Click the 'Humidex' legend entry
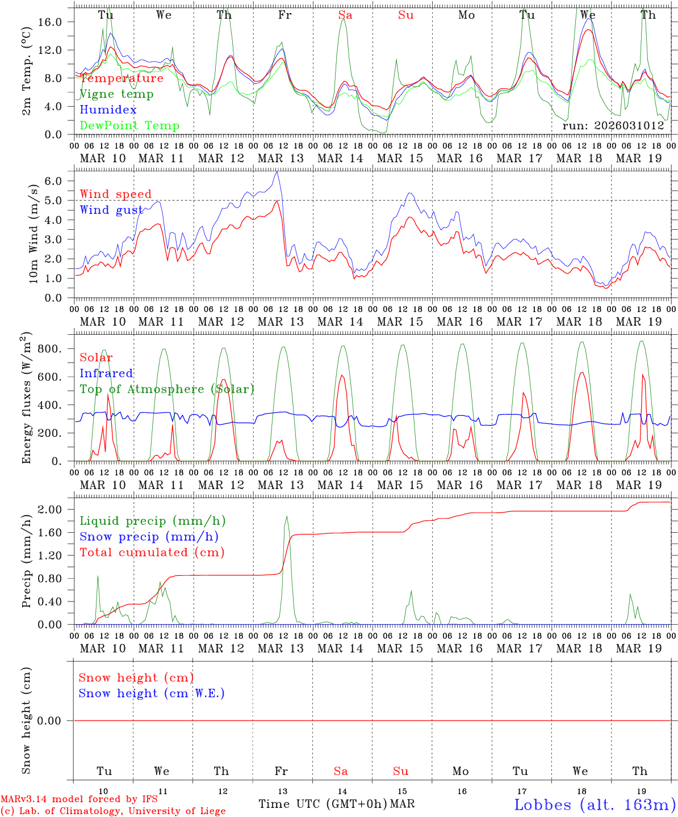pyautogui.click(x=108, y=110)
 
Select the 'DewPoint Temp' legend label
pyautogui.click(x=129, y=126)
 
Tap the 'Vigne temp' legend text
pyautogui.click(x=116, y=94)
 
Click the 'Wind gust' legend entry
pyautogui.click(x=111, y=210)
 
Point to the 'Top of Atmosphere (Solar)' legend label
pyautogui.click(x=167, y=389)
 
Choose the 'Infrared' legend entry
pyautogui.click(x=106, y=373)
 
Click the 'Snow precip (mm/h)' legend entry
pyautogui.click(x=149, y=537)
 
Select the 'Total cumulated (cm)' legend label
pyautogui.click(x=152, y=553)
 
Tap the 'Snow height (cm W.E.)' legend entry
pyautogui.click(x=152, y=693)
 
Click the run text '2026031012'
pyautogui.click(x=613, y=126)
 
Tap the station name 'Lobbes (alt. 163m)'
pyautogui.click(x=595, y=805)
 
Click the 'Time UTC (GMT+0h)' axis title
pyautogui.click(x=323, y=804)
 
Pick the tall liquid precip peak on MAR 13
pyautogui.click(x=287, y=516)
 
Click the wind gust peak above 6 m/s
pyautogui.click(x=277, y=172)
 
